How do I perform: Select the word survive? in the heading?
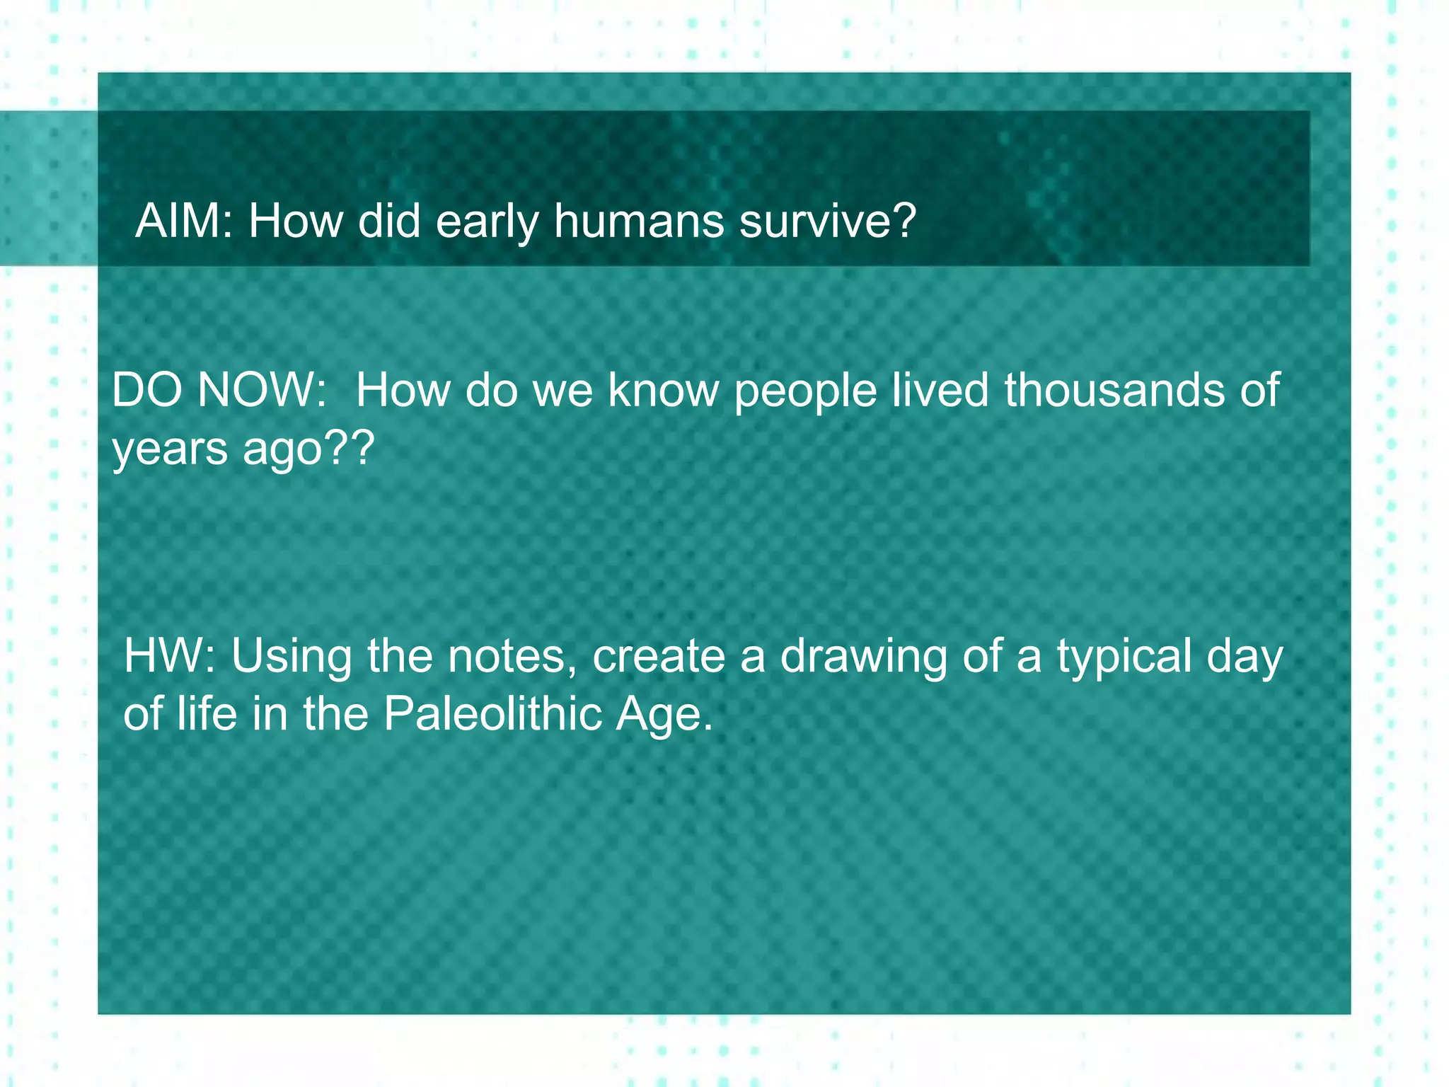827,221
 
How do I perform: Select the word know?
663,390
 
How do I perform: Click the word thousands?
1114,390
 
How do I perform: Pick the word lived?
940,390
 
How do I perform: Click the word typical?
1124,657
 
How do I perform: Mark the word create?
659,656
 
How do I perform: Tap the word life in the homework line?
207,713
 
